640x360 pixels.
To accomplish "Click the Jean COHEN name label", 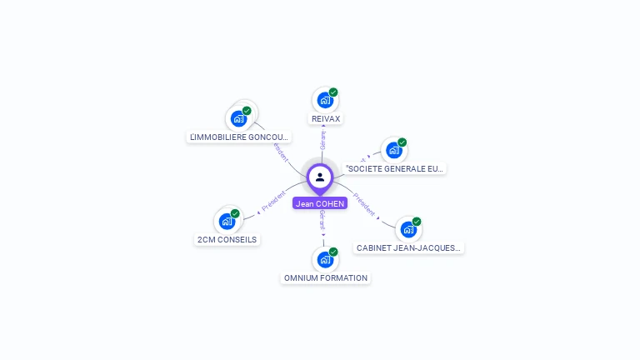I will pos(320,203).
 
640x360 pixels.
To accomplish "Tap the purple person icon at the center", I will pos(320,177).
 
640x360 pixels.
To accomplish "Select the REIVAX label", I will pos(325,119).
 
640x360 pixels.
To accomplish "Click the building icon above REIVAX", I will pos(324,100).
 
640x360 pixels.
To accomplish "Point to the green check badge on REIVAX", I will pos(333,92).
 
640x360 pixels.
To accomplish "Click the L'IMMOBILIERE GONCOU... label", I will pos(239,137).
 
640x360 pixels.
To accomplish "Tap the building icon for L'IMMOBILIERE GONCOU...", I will pos(238,118).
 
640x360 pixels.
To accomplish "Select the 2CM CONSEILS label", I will pos(227,240).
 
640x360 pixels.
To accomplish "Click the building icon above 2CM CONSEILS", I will pos(227,222).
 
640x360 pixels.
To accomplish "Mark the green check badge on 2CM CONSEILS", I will pos(235,213).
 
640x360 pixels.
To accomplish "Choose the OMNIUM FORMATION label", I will pos(326,278).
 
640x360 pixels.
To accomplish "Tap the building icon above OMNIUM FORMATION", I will pos(325,259).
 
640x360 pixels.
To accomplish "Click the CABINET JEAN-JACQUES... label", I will pos(408,247).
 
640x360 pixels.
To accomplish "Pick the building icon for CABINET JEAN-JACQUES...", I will pos(407,229).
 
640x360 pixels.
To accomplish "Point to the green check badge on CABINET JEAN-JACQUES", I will pos(417,222).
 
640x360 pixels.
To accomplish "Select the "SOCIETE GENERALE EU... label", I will pos(395,168).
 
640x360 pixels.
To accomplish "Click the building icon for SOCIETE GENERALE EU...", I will pos(393,150).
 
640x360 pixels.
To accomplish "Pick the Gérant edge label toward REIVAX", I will pos(323,139).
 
